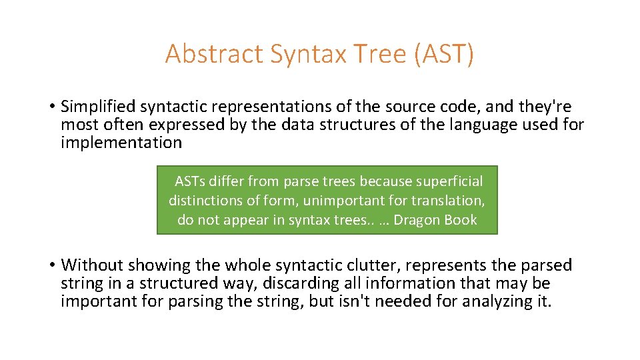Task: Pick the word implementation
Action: click(121, 143)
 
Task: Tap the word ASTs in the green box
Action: click(190, 181)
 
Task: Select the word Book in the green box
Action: click(461, 220)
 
